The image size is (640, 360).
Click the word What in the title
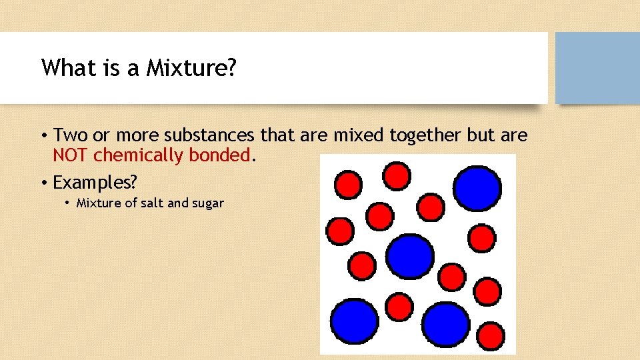tap(64, 68)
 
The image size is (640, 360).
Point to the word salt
tap(150, 203)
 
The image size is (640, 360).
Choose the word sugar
tap(208, 203)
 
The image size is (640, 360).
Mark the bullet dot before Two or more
tap(43, 137)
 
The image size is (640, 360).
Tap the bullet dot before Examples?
tap(43, 182)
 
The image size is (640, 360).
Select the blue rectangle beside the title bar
tap(597, 68)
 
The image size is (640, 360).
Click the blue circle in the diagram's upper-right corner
tap(477, 187)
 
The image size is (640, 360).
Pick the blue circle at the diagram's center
tap(410, 257)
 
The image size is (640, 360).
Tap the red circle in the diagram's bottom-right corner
tap(491, 335)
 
